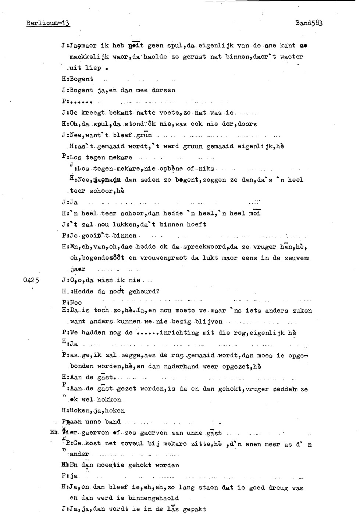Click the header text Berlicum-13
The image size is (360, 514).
tap(48, 24)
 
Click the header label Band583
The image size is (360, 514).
tap(309, 23)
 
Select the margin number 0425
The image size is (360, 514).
tap(31, 280)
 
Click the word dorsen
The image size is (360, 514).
tap(164, 90)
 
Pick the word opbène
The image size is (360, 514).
tap(171, 169)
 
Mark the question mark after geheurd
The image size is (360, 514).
tap(158, 292)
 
